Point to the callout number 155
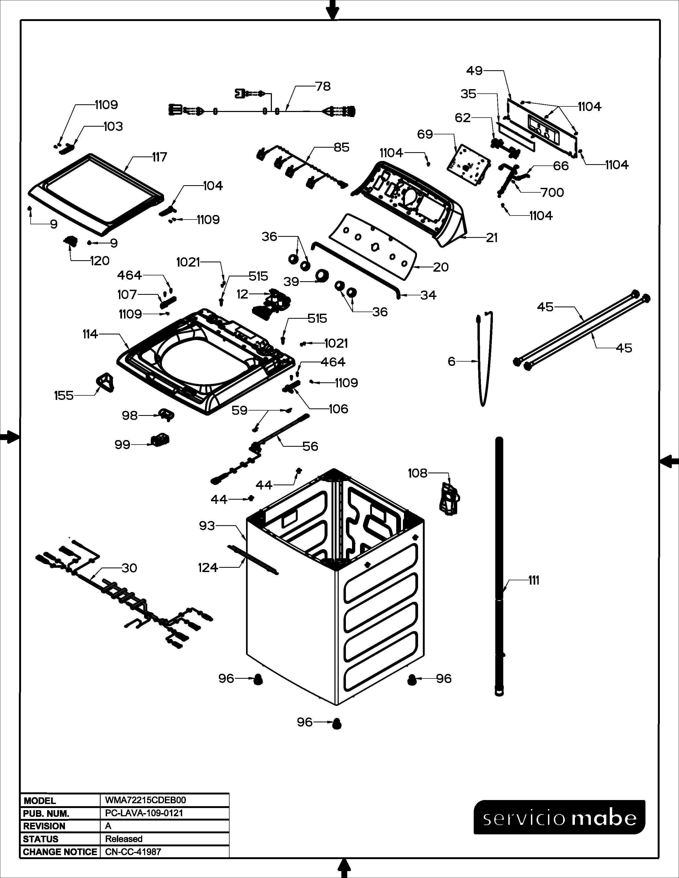(x=64, y=396)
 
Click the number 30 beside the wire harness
(x=129, y=568)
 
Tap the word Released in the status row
(x=124, y=839)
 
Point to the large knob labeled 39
(x=322, y=276)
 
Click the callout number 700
(x=552, y=193)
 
